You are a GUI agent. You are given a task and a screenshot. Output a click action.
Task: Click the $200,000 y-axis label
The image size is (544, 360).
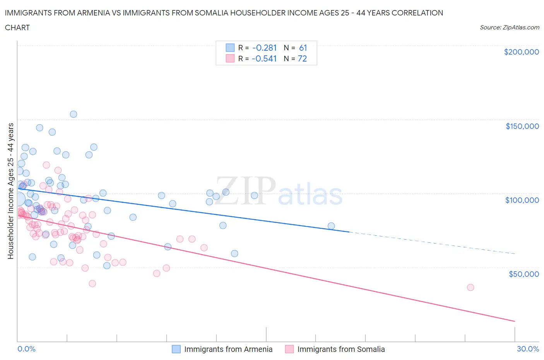click(x=521, y=52)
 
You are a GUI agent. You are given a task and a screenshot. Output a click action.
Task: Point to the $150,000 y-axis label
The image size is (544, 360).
click(x=522, y=126)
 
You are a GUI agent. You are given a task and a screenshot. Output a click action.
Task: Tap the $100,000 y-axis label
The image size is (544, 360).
click(x=522, y=200)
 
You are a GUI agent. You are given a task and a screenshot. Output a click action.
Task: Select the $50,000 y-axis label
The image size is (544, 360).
click(x=523, y=274)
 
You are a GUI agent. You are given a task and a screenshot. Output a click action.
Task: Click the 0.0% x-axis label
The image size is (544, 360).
click(x=26, y=349)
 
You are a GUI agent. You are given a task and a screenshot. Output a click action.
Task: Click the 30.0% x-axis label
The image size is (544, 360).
click(x=528, y=349)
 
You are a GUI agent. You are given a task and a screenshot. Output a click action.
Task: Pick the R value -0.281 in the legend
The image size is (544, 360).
click(x=264, y=48)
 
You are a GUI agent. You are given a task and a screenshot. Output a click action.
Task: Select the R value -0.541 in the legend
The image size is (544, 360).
click(x=264, y=58)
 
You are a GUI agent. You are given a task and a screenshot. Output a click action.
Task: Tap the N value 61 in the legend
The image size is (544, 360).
click(x=303, y=48)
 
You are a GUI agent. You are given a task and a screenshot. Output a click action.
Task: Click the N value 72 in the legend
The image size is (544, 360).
click(x=302, y=58)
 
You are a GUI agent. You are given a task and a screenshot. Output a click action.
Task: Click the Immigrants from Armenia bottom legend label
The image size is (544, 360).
click(x=228, y=349)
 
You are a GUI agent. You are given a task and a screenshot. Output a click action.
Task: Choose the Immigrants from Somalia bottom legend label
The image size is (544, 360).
click(x=341, y=349)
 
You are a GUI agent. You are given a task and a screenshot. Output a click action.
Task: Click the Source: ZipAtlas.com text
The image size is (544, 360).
click(x=509, y=27)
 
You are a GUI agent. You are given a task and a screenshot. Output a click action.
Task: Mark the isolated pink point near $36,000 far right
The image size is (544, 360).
click(x=470, y=287)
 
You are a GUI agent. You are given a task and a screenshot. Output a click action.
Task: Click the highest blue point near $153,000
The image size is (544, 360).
click(x=74, y=114)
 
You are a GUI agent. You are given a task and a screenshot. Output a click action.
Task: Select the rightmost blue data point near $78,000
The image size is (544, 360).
click(x=331, y=226)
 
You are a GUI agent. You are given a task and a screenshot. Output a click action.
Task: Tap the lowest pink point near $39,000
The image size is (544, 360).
click(x=92, y=283)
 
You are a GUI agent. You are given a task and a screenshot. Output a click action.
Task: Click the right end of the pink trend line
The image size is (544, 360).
click(x=514, y=321)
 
